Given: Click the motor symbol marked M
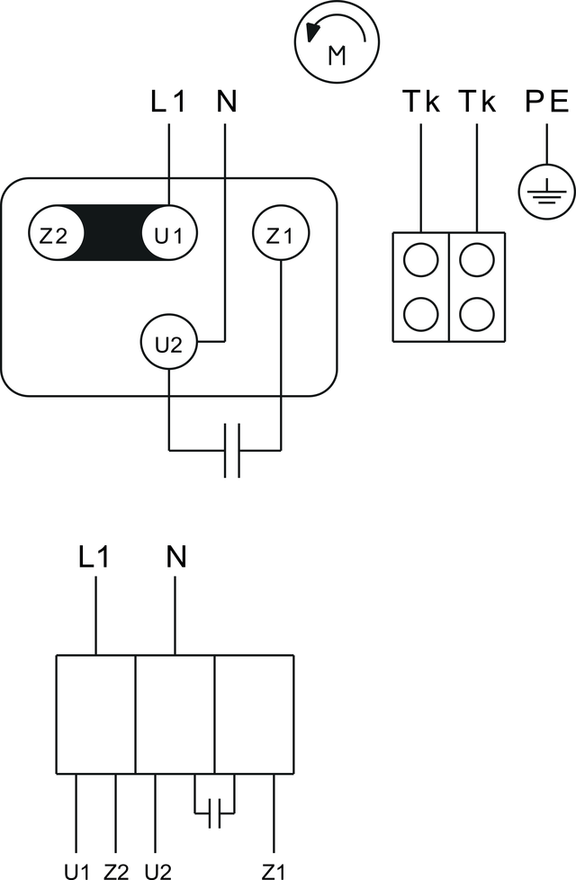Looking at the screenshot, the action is pos(337,41).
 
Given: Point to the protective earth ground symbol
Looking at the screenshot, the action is pos(546,192).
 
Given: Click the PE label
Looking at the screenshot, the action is pos(547,102).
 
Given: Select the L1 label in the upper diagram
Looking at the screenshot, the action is pos(167,102).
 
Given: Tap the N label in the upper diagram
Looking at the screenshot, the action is pos(226,102).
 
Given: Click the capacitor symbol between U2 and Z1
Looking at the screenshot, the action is pos(232,450).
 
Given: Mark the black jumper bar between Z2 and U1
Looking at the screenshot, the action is pos(112,232).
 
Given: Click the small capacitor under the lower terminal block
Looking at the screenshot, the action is pos(214,813).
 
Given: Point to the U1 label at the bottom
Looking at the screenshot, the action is pos(76,872).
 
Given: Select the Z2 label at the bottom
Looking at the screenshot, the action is pos(116,872).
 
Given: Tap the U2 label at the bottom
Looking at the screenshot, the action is pos(157,872).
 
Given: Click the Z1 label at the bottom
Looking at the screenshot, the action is pos(273,872).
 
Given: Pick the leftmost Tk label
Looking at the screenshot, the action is pos(421,102).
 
